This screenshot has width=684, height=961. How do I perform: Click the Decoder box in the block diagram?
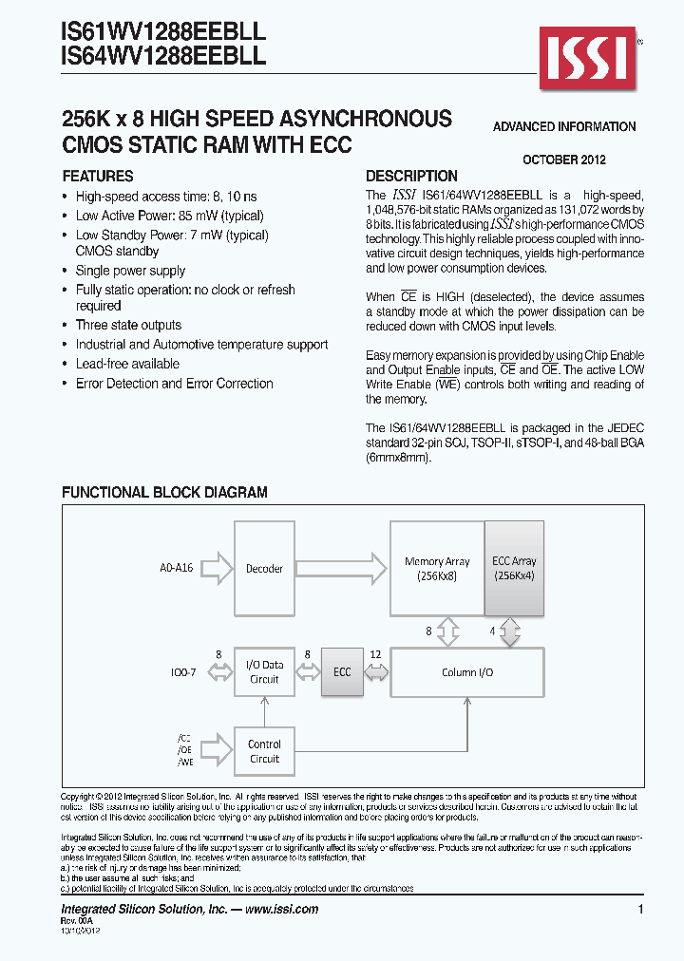(264, 569)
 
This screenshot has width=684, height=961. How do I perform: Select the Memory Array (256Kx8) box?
(437, 568)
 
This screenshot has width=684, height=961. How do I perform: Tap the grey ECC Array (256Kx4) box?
(514, 568)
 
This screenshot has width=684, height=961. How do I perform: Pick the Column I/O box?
(467, 672)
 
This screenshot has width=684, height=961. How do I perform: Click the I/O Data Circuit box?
(264, 672)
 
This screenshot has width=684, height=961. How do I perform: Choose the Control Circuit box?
(264, 751)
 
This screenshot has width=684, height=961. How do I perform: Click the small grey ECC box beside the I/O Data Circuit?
(342, 672)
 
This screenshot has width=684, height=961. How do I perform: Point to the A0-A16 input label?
(177, 569)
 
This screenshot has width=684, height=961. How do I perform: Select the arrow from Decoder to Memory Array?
(342, 569)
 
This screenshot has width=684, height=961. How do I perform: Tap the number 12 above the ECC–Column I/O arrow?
(376, 654)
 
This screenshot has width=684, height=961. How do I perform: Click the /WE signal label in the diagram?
(184, 762)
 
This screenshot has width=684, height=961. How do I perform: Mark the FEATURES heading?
(98, 177)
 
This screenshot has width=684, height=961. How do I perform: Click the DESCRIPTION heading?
(411, 177)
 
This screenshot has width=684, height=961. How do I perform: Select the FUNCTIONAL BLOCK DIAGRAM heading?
(164, 493)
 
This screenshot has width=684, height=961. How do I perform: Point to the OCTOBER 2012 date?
(564, 160)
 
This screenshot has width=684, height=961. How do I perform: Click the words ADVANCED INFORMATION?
(564, 126)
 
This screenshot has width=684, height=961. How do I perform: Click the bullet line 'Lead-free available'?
(127, 364)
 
